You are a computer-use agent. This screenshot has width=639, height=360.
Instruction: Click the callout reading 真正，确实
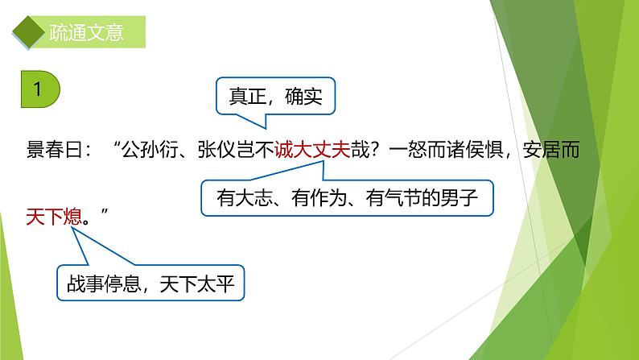(274, 97)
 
